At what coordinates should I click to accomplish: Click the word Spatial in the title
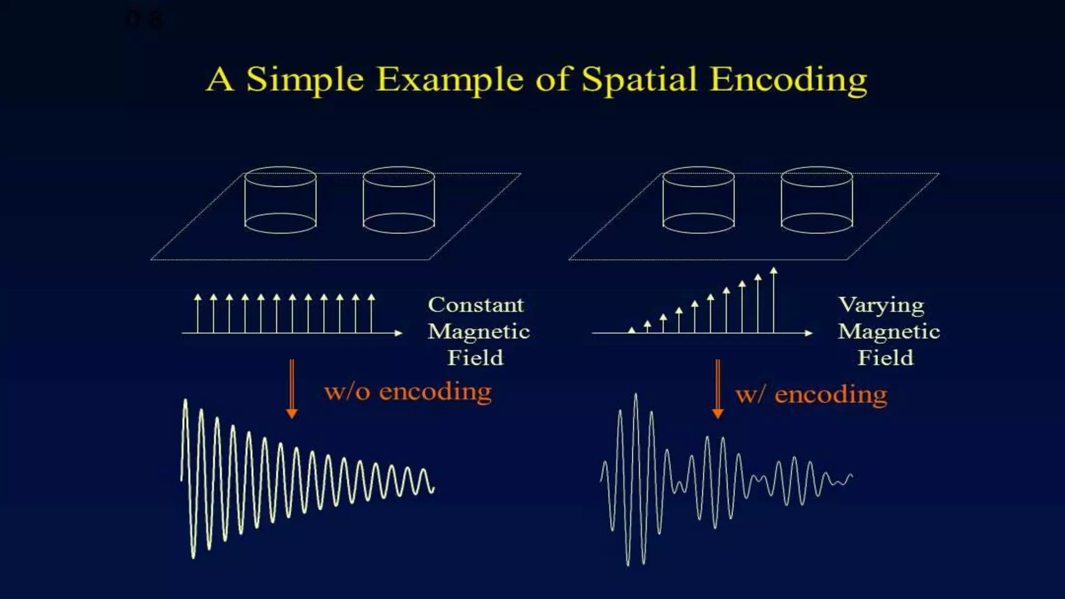[x=639, y=80]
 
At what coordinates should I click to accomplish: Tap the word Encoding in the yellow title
[x=788, y=80]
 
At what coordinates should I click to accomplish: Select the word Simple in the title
[x=305, y=80]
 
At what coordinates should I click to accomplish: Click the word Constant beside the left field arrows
[x=476, y=305]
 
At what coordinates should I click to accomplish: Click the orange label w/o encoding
[x=408, y=392]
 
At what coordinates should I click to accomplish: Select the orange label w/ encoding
[x=811, y=395]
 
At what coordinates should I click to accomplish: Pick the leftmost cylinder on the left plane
[x=280, y=200]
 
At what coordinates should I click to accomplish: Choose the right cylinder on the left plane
[x=399, y=200]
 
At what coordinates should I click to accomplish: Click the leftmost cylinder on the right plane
[x=698, y=200]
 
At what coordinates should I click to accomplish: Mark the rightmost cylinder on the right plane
[x=817, y=200]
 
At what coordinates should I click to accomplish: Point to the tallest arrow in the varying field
[x=774, y=299]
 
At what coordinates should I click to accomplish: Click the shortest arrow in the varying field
[x=631, y=330]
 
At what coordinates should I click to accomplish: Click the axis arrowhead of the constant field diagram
[x=398, y=333]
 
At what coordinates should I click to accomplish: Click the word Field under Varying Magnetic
[x=885, y=358]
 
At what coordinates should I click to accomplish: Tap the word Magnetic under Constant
[x=478, y=331]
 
